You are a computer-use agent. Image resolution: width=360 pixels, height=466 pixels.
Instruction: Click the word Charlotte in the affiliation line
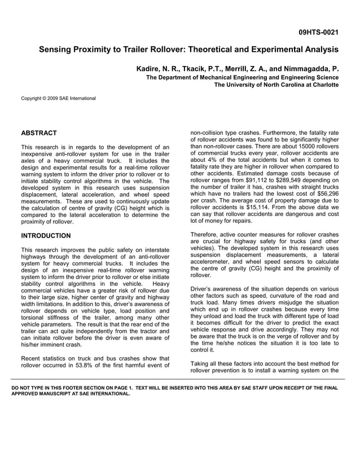(323, 85)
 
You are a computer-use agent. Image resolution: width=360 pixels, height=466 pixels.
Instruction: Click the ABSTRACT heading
(39, 133)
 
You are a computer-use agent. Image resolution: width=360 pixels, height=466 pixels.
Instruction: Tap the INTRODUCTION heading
(46, 236)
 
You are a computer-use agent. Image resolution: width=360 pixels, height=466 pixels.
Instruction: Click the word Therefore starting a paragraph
(206, 235)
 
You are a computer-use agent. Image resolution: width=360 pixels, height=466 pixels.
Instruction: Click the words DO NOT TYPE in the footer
(32, 388)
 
